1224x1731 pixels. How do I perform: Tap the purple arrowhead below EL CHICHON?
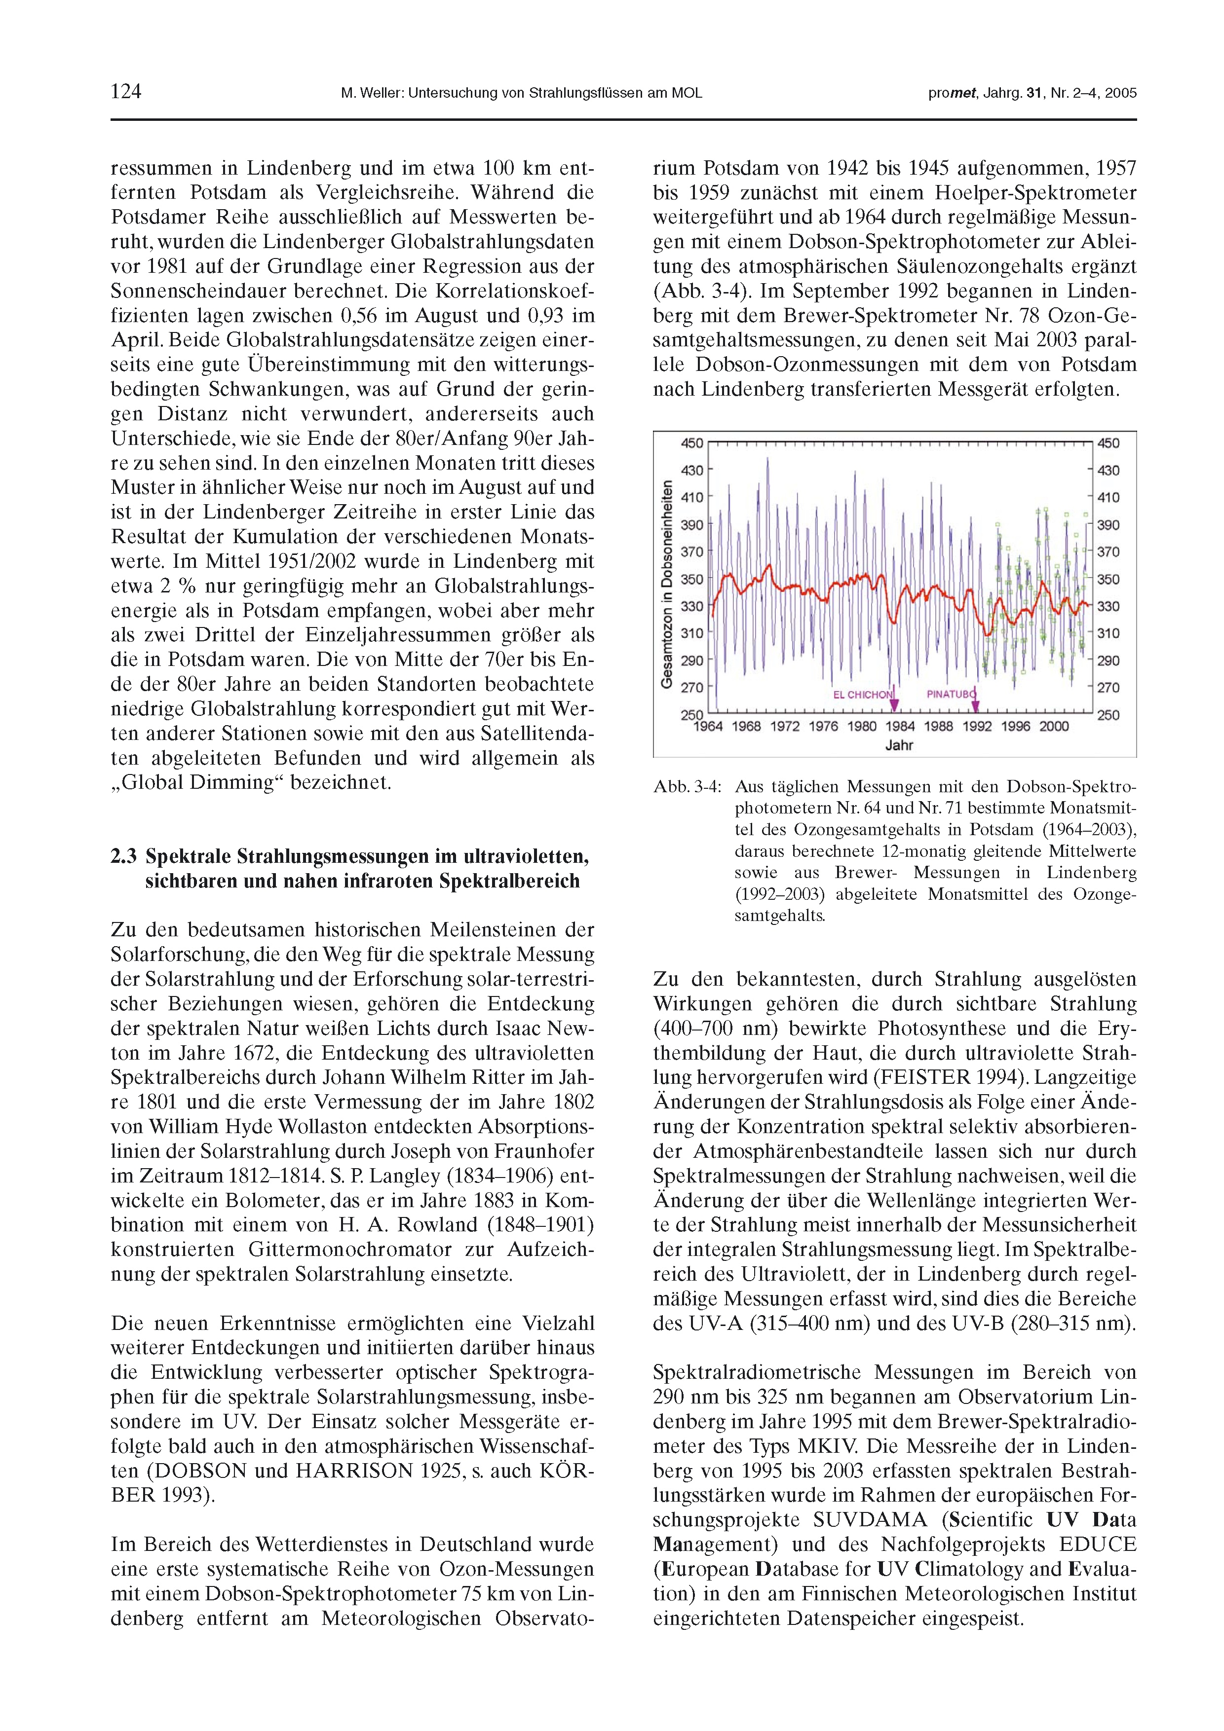(894, 706)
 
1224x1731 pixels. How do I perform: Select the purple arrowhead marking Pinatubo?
(975, 706)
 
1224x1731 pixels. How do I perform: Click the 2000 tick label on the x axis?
(1054, 726)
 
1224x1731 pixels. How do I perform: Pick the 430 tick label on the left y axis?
(691, 471)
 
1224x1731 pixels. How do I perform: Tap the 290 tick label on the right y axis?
(1108, 661)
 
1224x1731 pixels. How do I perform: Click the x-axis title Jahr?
(899, 745)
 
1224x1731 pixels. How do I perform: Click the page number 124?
(126, 92)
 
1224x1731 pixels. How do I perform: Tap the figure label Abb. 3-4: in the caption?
(687, 787)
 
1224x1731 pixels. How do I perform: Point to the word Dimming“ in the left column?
(237, 782)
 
